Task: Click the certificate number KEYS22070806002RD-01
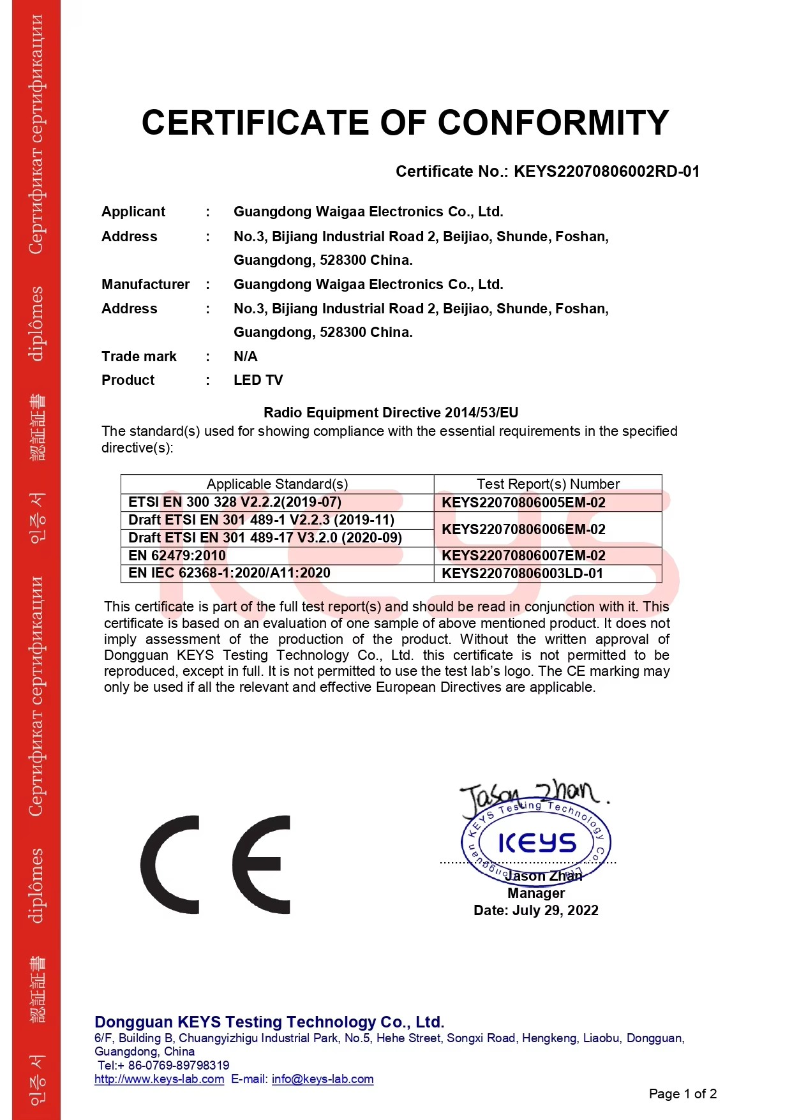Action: tap(606, 172)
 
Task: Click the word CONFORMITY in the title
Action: tap(553, 123)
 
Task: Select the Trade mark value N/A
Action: tap(246, 356)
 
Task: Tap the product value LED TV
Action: tap(258, 380)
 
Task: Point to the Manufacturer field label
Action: tap(146, 285)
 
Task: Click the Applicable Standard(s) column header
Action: tap(277, 484)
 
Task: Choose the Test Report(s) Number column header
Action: tap(548, 484)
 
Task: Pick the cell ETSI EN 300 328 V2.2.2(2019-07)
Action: tap(235, 502)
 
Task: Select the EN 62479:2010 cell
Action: tap(177, 555)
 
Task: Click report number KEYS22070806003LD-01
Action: tap(522, 573)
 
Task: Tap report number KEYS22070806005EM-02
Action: tap(523, 502)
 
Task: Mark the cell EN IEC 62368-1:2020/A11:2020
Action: tap(229, 573)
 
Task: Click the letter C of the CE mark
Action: tap(170, 865)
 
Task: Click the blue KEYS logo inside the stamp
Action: tap(537, 842)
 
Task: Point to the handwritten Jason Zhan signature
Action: tap(533, 795)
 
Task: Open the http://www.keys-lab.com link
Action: tap(159, 1079)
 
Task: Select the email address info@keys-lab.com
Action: tap(322, 1079)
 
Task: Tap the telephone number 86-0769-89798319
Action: tap(178, 1065)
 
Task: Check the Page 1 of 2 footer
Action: tap(682, 1094)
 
